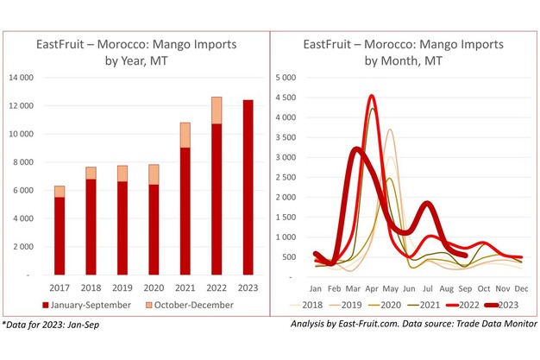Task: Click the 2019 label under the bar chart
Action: point(122,288)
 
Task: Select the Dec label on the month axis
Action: point(522,288)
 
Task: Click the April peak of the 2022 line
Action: point(371,96)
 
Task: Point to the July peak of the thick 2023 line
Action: point(428,204)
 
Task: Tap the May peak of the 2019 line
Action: point(390,130)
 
